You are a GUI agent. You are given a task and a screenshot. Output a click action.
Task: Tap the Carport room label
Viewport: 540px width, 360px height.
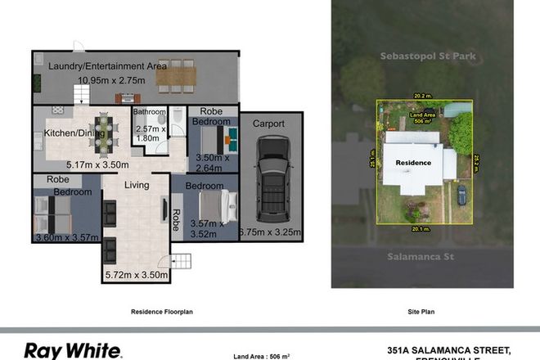[268, 124]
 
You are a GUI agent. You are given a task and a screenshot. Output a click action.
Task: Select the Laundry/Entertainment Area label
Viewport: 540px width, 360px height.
[107, 65]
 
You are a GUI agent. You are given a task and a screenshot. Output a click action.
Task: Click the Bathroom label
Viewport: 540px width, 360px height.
[151, 112]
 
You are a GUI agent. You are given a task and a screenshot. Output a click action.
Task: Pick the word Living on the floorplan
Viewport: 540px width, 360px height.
[137, 186]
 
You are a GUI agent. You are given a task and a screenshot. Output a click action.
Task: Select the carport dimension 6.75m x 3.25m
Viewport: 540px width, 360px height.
[270, 232]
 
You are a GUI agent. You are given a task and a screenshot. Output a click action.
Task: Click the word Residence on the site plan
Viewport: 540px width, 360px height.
[413, 163]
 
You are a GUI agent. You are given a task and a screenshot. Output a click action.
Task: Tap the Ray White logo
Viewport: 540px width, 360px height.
[73, 351]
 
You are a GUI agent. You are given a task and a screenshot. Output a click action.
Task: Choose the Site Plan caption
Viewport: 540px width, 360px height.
[420, 312]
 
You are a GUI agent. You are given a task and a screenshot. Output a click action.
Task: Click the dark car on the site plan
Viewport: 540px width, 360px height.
[462, 196]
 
